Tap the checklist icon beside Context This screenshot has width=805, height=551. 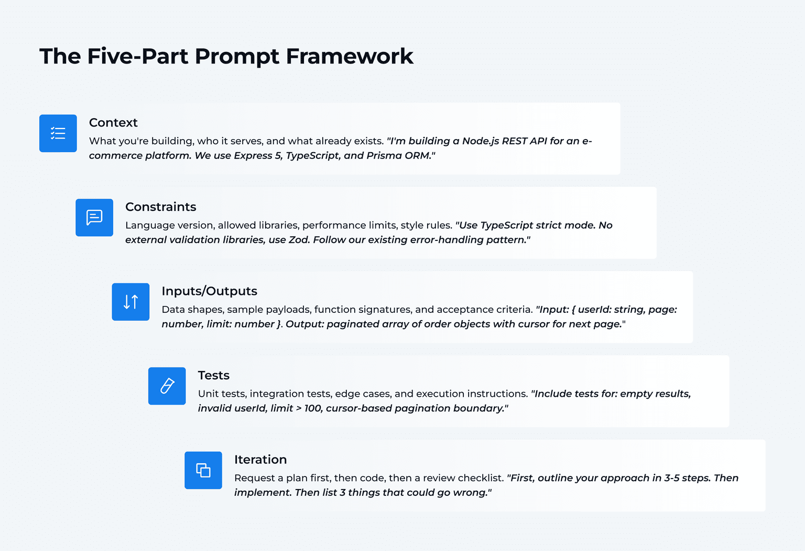tap(58, 133)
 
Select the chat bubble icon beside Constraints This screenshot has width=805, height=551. tap(94, 217)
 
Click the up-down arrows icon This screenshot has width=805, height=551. tap(130, 302)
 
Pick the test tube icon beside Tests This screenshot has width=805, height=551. tap(167, 386)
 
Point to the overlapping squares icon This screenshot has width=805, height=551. tap(203, 470)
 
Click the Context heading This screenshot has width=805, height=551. tap(113, 123)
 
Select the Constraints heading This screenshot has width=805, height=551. tap(160, 207)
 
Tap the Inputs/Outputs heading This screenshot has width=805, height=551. tap(209, 291)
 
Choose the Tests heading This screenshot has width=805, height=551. tap(213, 375)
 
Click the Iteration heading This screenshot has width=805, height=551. tap(260, 460)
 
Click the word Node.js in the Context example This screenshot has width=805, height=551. tap(481, 141)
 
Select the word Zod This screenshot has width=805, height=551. tap(299, 240)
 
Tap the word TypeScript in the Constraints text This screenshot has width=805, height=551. tap(506, 225)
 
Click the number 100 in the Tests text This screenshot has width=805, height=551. tap(313, 408)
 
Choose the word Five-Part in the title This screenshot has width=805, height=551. tap(137, 57)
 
